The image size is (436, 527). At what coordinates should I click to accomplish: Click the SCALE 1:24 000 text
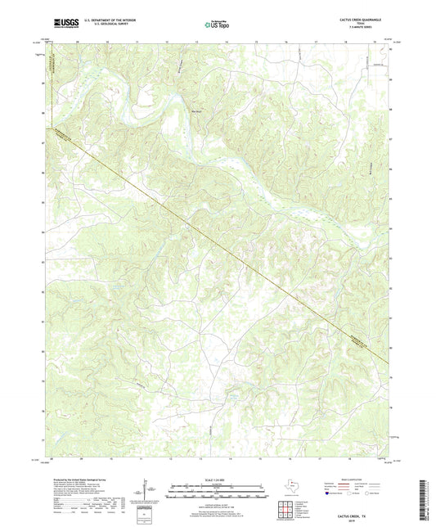[x=217, y=478]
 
